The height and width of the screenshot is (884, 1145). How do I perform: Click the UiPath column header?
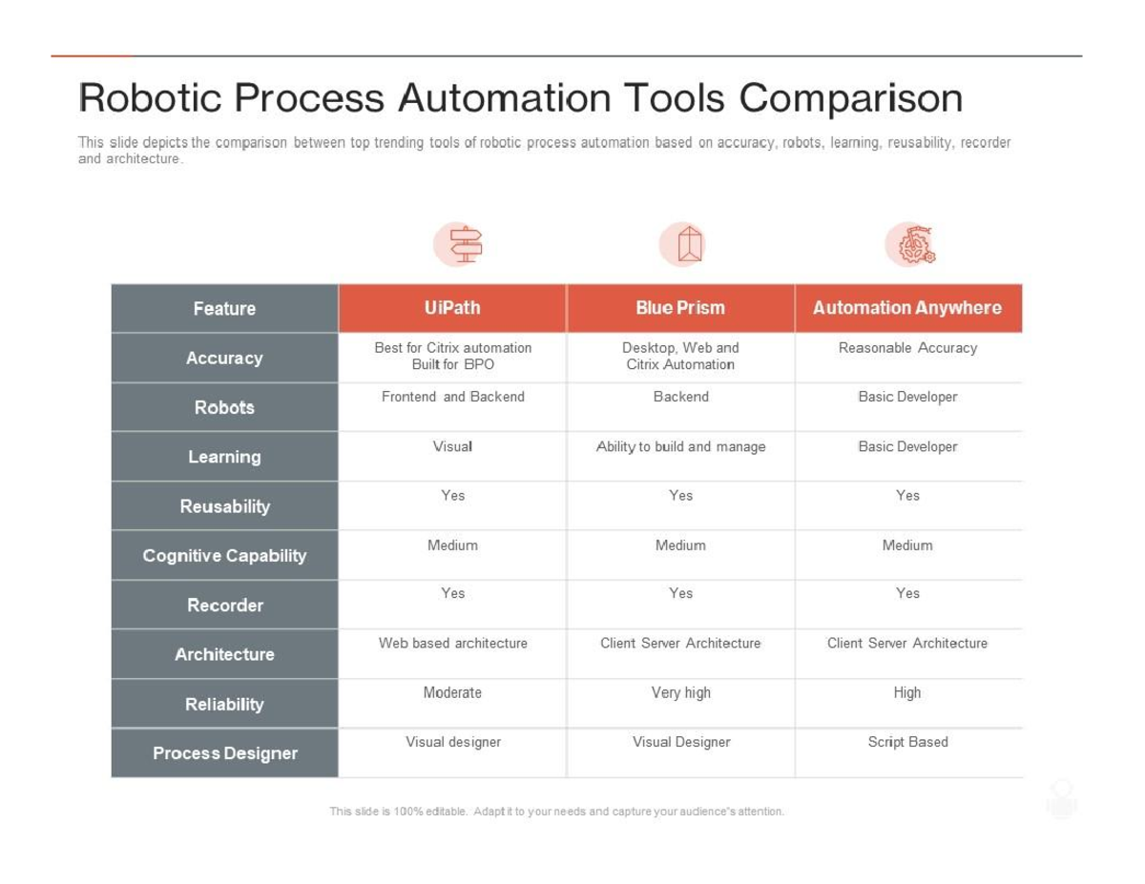452,308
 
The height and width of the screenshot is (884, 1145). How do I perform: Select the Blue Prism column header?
680,308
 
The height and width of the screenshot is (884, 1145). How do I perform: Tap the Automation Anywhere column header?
907,308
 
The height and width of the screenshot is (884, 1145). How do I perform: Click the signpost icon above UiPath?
465,245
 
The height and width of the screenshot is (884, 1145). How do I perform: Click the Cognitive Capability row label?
224,555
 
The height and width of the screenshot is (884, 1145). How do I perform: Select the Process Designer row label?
224,753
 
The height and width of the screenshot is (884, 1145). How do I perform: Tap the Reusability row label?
224,506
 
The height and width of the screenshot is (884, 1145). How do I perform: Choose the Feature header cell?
224,308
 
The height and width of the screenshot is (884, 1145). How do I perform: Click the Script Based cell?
907,742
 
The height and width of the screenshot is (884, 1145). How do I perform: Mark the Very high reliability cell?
680,693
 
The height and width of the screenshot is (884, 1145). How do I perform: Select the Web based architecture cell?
452,644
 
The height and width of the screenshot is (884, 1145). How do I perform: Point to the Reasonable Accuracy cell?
907,348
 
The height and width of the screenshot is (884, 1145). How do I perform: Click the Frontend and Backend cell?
452,397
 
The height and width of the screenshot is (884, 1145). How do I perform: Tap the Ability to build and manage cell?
680,446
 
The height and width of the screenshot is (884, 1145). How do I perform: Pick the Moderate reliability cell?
452,693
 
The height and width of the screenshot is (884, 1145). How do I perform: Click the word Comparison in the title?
850,98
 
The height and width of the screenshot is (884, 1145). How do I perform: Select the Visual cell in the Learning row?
452,446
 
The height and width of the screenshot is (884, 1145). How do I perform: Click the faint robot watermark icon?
1061,799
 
